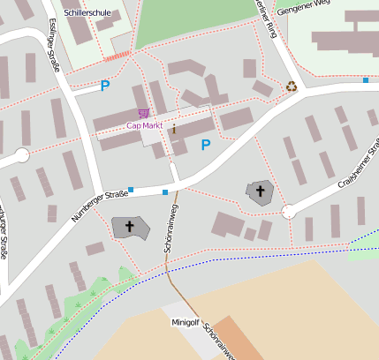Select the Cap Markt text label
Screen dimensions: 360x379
(x=145, y=125)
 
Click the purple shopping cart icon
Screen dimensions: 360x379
(x=143, y=113)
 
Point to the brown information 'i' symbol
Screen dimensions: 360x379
(x=174, y=129)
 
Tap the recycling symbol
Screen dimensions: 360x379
(x=291, y=86)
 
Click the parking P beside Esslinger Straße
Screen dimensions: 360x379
(x=105, y=86)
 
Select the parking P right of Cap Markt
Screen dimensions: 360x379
(x=206, y=145)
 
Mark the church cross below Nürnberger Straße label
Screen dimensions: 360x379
(x=130, y=227)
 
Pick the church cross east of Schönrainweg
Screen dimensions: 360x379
(x=260, y=191)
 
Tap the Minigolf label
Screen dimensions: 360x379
(x=185, y=322)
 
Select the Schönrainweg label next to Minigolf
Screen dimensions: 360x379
(x=217, y=341)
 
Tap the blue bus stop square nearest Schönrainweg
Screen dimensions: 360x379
(x=165, y=191)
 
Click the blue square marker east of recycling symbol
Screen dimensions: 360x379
(x=365, y=80)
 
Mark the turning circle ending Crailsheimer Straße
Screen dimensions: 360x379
(x=288, y=212)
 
